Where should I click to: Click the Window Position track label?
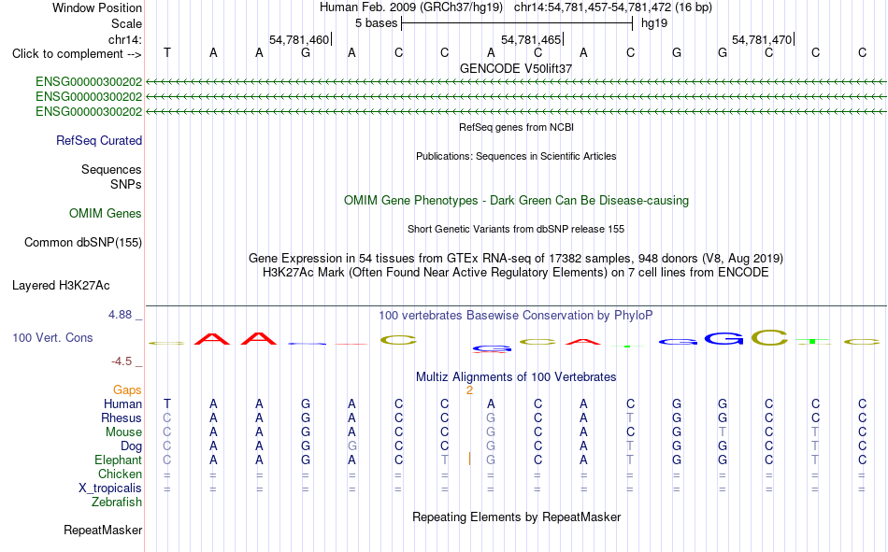click(97, 7)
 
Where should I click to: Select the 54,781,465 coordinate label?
click(531, 39)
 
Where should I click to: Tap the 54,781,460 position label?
click(299, 39)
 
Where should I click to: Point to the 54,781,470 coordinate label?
click(762, 39)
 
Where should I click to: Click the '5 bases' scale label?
click(376, 23)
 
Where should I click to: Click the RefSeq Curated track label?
click(99, 140)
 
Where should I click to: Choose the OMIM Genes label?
click(106, 214)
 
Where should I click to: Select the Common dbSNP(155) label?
click(83, 242)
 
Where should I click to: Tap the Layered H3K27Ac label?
click(61, 286)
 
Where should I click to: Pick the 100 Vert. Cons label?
click(52, 337)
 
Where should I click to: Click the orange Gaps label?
click(127, 389)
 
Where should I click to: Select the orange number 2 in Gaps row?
click(469, 390)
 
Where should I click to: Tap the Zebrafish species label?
click(117, 502)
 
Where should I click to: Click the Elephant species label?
click(118, 460)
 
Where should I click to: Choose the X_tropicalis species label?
click(110, 488)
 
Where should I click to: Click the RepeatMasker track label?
click(103, 530)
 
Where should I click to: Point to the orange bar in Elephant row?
click(469, 459)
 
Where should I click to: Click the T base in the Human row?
click(167, 403)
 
